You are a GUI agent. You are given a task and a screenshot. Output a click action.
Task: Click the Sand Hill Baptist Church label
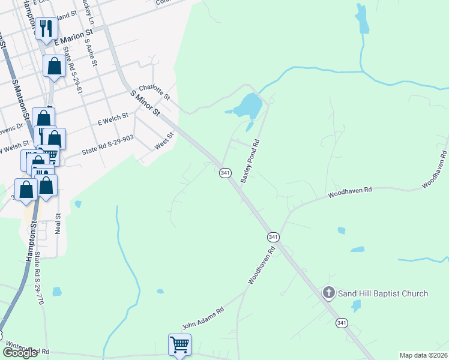pyautogui.click(x=383, y=293)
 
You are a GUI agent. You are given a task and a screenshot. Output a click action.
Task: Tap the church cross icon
pyautogui.click(x=328, y=293)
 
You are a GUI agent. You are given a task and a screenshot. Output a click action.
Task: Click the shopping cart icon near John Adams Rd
pyautogui.click(x=180, y=346)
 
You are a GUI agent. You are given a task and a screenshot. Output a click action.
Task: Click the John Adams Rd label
pyautogui.click(x=203, y=319)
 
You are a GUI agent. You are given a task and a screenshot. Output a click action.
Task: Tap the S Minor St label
pyautogui.click(x=145, y=103)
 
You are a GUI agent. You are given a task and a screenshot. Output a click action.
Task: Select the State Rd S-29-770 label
pyautogui.click(x=40, y=278)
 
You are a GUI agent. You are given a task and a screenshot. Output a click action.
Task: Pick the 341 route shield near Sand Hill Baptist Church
pyautogui.click(x=341, y=323)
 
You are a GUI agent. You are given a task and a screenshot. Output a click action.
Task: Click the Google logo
pyautogui.click(x=20, y=352)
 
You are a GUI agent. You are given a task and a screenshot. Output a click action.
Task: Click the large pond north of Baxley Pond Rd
pyautogui.click(x=248, y=106)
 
